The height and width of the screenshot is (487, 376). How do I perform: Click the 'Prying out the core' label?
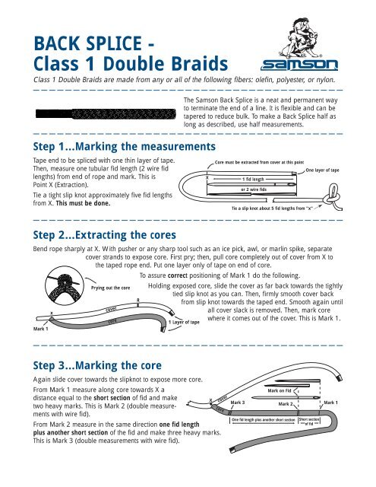[111, 288]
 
